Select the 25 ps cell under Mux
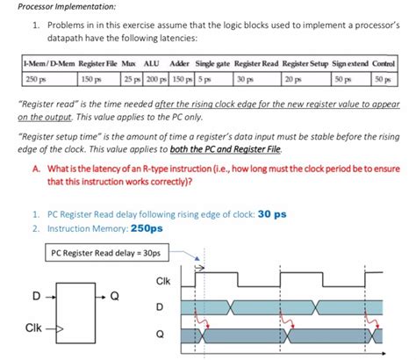point(129,79)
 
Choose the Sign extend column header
point(348,65)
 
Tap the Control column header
point(384,65)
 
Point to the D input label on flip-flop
point(36,295)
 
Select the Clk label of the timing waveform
point(161,281)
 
